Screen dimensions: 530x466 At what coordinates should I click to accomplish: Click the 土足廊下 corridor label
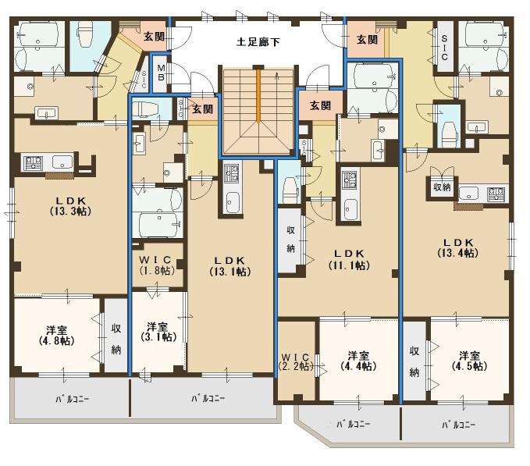point(258,42)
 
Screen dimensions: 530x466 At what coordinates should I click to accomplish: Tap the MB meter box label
point(161,73)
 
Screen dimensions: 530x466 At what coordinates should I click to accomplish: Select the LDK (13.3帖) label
point(71,206)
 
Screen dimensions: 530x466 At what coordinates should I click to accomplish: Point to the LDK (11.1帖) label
point(349,259)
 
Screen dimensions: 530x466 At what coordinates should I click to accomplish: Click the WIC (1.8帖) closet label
point(157,265)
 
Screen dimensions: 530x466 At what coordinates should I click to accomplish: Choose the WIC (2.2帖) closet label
point(296,361)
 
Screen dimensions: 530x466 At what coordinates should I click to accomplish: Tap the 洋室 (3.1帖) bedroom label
point(158,332)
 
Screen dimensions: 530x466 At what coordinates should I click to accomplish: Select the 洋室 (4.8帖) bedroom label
point(57,335)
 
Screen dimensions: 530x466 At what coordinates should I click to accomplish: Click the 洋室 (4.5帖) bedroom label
point(469,361)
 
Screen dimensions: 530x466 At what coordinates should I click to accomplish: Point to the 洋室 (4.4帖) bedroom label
point(358,361)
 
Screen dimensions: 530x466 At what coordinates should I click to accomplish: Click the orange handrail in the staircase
point(258,95)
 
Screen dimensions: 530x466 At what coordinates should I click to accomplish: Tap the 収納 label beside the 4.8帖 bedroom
point(116,339)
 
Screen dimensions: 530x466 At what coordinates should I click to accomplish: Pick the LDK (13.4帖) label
point(458,247)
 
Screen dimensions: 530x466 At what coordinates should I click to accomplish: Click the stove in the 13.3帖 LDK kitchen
point(33,162)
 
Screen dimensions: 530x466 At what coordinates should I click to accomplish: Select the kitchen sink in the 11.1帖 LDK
point(350,209)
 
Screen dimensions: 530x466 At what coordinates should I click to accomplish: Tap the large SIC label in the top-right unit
point(444,48)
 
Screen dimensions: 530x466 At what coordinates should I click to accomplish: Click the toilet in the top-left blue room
point(84,34)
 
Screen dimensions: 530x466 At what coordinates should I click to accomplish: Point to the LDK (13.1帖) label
point(230,266)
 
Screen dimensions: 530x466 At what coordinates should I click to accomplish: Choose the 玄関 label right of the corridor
point(367,40)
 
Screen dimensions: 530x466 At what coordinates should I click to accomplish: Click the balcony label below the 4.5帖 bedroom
point(459,425)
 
